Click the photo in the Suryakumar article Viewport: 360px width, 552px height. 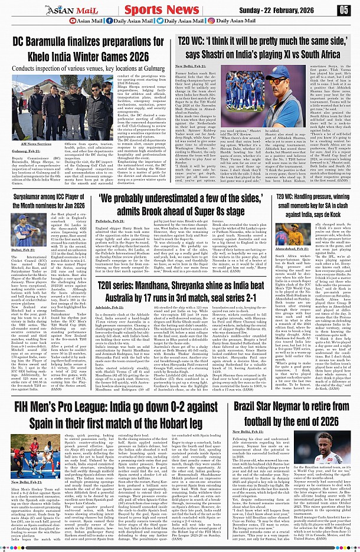click(24, 229)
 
